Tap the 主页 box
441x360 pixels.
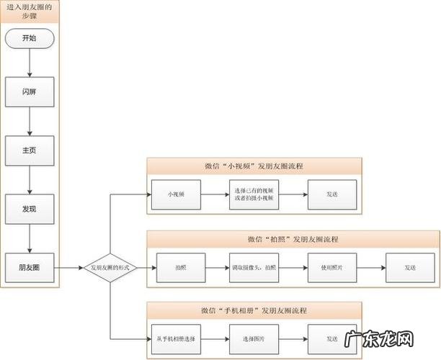[x=30, y=150]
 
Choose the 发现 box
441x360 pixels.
[x=30, y=208]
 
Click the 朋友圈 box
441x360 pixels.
[x=30, y=267]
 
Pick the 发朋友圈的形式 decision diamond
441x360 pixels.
[x=110, y=267]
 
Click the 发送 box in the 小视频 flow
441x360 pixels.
[x=331, y=194]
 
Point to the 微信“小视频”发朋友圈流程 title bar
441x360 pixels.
[x=254, y=166]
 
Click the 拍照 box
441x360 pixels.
[x=180, y=267]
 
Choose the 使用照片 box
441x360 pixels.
[x=331, y=267]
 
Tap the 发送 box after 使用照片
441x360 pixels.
[x=409, y=267]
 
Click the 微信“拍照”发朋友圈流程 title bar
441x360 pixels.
[x=293, y=238]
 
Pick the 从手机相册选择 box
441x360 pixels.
[x=176, y=338]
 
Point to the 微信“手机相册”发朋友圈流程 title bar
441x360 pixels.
[x=254, y=310]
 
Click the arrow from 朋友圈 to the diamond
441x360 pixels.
[x=69, y=267]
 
